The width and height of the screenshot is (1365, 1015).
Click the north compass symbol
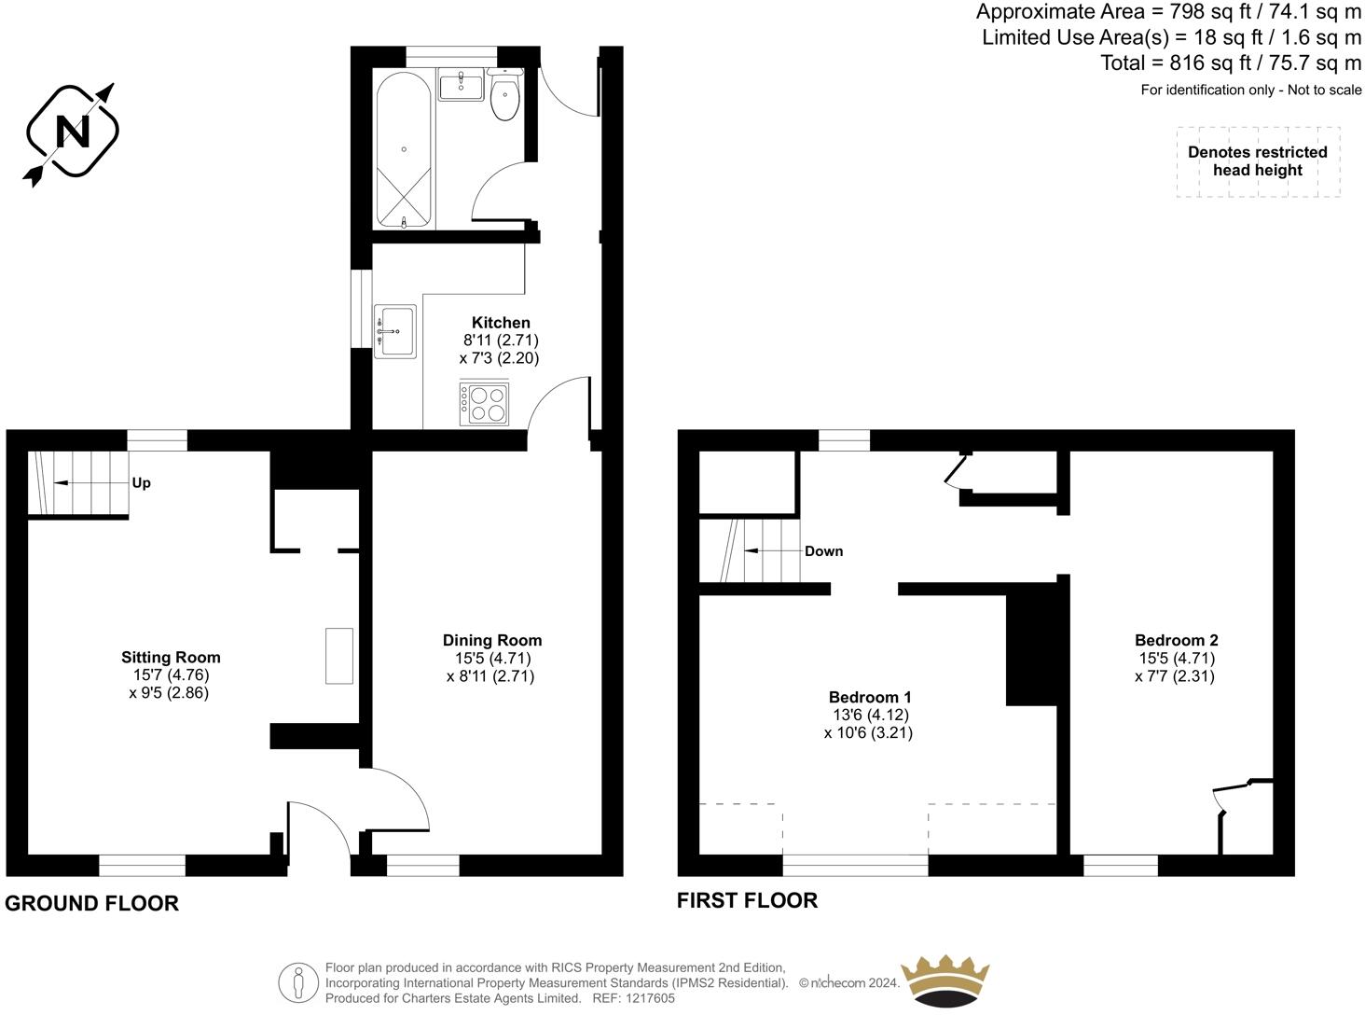point(72,132)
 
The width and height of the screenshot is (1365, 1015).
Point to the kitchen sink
point(396,330)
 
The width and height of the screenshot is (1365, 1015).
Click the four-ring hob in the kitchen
point(485,403)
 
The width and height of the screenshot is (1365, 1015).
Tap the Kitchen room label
point(501,323)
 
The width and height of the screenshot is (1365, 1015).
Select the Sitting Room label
point(171,657)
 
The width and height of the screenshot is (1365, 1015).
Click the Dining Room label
point(491,640)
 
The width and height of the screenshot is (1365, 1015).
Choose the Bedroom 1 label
point(869,697)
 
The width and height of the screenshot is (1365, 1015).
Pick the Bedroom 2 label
point(1176,640)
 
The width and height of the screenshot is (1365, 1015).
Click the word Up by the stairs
point(141,483)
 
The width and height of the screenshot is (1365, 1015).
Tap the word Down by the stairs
point(823,551)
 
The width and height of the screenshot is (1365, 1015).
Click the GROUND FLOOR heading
point(91,903)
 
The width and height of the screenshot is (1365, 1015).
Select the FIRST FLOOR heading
point(747,900)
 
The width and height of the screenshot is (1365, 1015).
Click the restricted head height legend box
point(1257,161)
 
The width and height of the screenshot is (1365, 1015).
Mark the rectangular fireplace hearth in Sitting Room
point(338,657)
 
